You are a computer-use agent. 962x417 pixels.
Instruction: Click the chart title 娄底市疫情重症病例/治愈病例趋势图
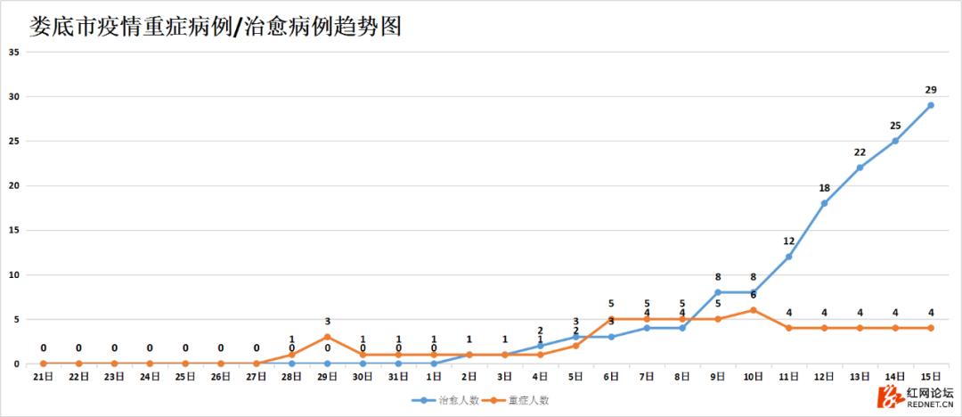tap(214, 26)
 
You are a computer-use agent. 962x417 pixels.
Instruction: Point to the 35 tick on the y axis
tap(14, 52)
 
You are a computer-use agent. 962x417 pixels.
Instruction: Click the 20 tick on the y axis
tap(14, 185)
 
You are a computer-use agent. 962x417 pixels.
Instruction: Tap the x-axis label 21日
tap(43, 377)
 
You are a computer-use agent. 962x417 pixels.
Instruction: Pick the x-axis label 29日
tap(327, 377)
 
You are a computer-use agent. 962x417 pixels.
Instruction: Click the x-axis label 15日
tap(931, 377)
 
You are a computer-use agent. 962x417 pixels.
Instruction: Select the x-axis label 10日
tap(754, 377)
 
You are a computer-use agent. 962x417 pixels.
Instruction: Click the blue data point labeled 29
tap(931, 105)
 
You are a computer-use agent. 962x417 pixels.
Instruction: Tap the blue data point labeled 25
tap(895, 141)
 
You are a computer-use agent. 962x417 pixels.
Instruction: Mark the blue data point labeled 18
tap(824, 203)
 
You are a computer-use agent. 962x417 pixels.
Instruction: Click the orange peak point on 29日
tap(327, 337)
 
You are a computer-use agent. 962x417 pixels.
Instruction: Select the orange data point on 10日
tap(754, 310)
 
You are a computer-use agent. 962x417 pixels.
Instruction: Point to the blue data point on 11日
tap(789, 257)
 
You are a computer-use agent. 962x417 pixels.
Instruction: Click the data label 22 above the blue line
tap(860, 152)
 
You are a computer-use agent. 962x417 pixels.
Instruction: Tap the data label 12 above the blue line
tap(789, 241)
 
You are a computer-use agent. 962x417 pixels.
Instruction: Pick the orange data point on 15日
tap(931, 328)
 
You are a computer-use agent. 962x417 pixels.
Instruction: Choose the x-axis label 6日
tap(611, 377)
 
